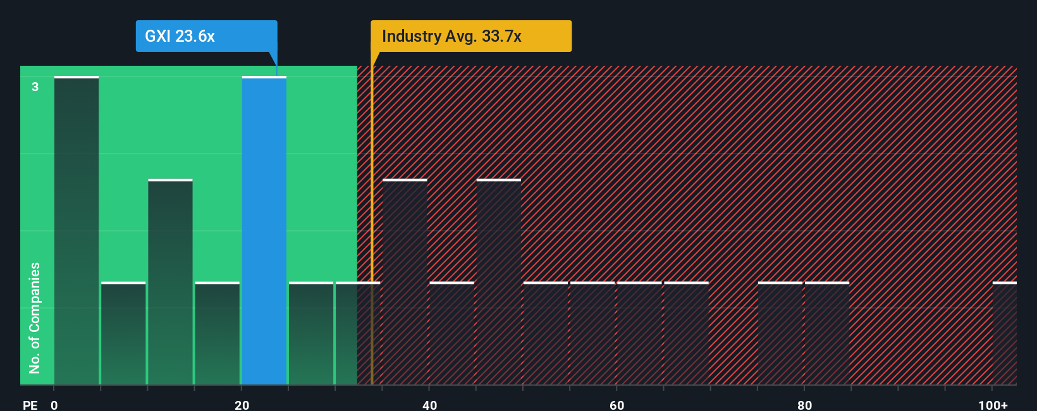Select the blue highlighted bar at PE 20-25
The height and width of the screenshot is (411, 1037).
pyautogui.click(x=264, y=231)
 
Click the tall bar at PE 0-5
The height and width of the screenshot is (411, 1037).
pyautogui.click(x=77, y=231)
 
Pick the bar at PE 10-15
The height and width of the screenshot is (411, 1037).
pyautogui.click(x=170, y=282)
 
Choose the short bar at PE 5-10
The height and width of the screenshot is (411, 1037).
pyautogui.click(x=123, y=333)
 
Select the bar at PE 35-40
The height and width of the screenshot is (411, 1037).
pyautogui.click(x=405, y=282)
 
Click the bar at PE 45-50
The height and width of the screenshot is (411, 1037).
pyautogui.click(x=499, y=282)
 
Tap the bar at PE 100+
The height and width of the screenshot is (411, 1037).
pyautogui.click(x=1004, y=333)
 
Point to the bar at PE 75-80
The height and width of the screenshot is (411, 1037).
pyautogui.click(x=780, y=333)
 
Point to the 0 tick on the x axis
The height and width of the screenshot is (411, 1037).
pyautogui.click(x=54, y=405)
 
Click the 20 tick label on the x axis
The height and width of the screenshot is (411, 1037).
pyautogui.click(x=242, y=405)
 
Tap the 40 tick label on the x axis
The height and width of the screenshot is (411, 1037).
pyautogui.click(x=429, y=405)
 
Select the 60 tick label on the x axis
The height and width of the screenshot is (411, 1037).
pyautogui.click(x=617, y=405)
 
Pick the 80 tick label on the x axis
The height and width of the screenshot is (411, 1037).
pyautogui.click(x=804, y=405)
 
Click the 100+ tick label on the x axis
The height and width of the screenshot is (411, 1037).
pyautogui.click(x=993, y=405)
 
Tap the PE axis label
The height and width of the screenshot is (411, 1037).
pyautogui.click(x=30, y=405)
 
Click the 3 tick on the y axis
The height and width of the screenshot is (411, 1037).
pyautogui.click(x=35, y=87)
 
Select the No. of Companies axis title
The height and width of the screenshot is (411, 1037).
pyautogui.click(x=35, y=317)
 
